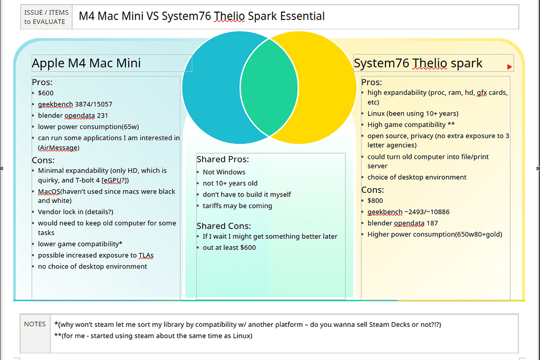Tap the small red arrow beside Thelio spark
[509, 67]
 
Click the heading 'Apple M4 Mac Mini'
[86, 63]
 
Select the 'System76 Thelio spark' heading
[418, 63]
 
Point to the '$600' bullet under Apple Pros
[45, 93]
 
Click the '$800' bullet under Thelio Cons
[375, 201]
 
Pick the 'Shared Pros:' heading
[223, 159]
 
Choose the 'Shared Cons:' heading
[224, 226]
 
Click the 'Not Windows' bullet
[224, 172]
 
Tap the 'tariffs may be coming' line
[237, 206]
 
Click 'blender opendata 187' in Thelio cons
[402, 223]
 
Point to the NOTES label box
[35, 324]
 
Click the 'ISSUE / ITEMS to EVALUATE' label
[45, 17]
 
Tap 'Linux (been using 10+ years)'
[413, 114]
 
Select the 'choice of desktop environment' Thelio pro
[417, 177]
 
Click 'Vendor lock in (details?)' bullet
[75, 212]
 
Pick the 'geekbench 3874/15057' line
[75, 104]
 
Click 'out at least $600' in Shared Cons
[229, 248]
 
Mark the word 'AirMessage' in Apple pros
[59, 148]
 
